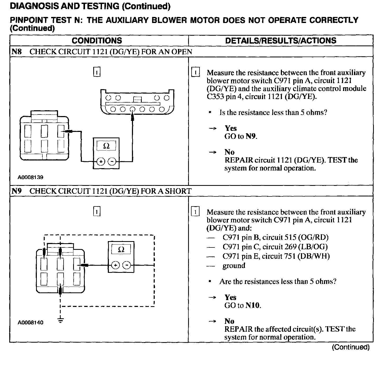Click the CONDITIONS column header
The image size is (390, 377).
(97, 40)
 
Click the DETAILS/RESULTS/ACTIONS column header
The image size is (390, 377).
(281, 40)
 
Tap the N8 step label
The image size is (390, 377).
(16, 52)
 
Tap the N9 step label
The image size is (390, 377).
(16, 191)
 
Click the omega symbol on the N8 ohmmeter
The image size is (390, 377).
(106, 146)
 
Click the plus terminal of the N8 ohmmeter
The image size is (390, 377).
(100, 161)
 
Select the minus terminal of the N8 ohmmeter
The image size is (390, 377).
(112, 161)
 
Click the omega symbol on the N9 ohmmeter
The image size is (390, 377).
(121, 249)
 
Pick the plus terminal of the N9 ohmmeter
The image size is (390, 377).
(115, 265)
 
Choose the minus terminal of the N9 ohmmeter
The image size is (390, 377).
(127, 265)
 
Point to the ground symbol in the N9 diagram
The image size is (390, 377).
(61, 321)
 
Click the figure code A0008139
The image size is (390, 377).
(30, 177)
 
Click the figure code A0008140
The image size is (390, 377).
(30, 322)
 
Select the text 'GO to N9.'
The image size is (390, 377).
(241, 136)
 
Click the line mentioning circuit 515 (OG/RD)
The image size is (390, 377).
(275, 237)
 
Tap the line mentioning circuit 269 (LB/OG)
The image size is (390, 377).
(275, 247)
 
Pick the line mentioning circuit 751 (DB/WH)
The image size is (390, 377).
(276, 256)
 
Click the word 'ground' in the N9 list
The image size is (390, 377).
(234, 265)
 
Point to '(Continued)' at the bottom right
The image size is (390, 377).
(351, 347)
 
